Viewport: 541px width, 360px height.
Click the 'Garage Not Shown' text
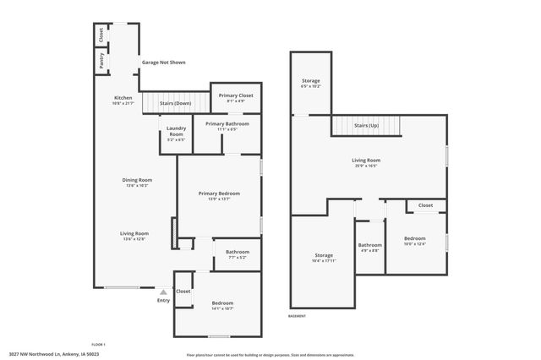(x=164, y=63)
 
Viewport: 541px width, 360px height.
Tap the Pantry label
(x=101, y=61)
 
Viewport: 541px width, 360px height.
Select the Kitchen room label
(x=123, y=98)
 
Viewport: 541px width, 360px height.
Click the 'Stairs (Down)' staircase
(x=174, y=103)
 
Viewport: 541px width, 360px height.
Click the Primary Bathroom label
(x=227, y=124)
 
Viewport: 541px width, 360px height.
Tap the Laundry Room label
(x=176, y=132)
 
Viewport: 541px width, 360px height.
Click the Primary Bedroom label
(x=219, y=194)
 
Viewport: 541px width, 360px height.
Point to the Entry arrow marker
(x=163, y=292)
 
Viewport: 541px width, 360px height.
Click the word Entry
(x=163, y=300)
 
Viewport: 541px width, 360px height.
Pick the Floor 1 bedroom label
(x=222, y=303)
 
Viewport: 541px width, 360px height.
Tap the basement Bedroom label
(x=414, y=238)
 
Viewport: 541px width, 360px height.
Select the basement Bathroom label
(x=370, y=247)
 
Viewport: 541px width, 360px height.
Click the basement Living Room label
(x=366, y=160)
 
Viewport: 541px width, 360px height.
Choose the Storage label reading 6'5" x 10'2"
(x=311, y=82)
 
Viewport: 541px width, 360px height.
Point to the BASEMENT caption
(x=297, y=316)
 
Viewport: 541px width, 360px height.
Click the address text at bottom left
(x=52, y=353)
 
